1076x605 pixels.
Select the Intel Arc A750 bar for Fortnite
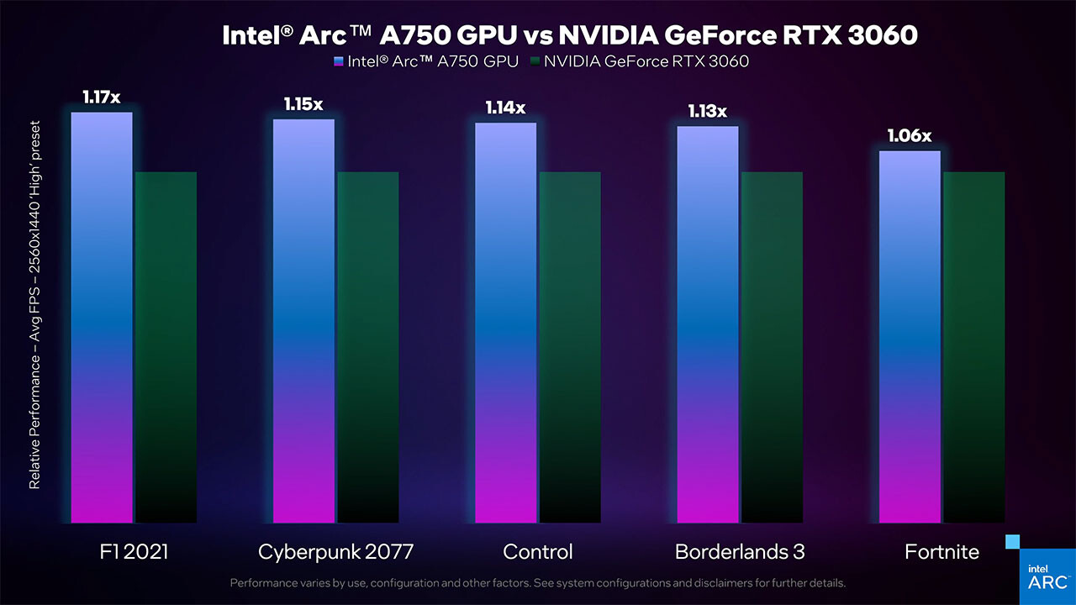[910, 337]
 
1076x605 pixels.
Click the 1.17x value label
[102, 97]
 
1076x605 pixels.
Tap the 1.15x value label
[303, 105]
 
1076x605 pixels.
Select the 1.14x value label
[505, 108]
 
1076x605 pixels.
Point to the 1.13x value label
[707, 112]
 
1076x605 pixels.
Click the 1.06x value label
[910, 136]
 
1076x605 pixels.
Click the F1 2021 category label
[133, 552]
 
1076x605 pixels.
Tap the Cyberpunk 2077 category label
[336, 552]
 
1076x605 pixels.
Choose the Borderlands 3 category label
[740, 552]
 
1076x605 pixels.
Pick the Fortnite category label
[941, 552]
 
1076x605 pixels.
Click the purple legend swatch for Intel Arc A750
[339, 61]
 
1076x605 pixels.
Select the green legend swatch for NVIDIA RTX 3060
[535, 61]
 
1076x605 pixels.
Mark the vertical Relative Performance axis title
[34, 302]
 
